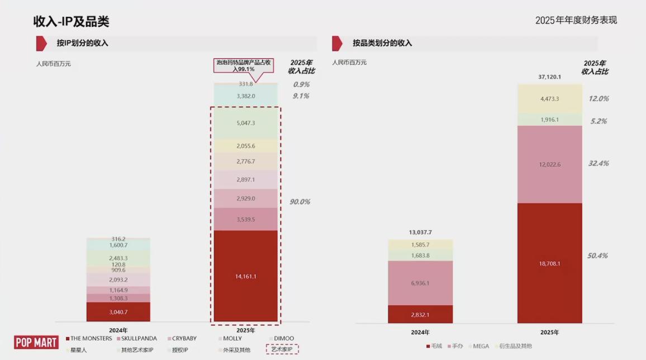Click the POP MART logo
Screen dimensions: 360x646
36,342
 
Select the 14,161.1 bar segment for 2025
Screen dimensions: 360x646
246,276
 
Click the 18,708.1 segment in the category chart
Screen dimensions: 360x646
549,263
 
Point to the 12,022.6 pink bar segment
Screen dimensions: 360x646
549,164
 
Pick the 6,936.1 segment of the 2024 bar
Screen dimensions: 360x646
420,283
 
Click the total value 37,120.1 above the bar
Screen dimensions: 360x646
549,77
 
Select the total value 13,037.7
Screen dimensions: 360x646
420,233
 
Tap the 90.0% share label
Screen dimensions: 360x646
300,202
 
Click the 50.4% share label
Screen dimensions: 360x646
597,256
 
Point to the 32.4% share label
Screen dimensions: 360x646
598,164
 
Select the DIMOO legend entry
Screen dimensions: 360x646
283,339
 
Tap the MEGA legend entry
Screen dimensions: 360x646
481,347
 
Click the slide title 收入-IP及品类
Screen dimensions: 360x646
71,22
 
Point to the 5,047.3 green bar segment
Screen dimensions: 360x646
246,123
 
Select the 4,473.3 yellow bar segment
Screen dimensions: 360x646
549,99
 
